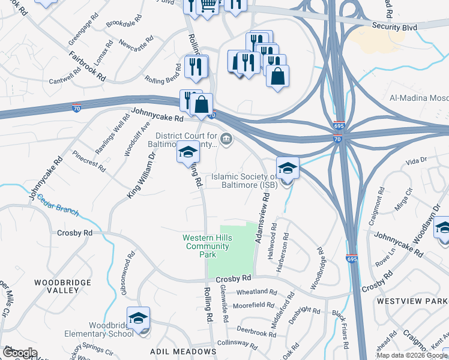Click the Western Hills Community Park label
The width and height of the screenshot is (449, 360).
coord(199,246)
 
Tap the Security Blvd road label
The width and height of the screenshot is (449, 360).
coord(394,26)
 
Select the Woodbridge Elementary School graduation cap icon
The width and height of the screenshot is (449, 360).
coord(138,318)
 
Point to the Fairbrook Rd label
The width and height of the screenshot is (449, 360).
coord(88,67)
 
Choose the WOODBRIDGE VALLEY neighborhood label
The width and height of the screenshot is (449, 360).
coord(62,286)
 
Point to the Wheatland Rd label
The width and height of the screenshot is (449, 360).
coord(256,292)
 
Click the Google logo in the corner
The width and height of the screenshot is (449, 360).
coord(20,353)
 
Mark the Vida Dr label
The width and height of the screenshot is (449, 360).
coord(415,161)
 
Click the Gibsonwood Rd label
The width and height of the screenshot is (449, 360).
coord(126,272)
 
